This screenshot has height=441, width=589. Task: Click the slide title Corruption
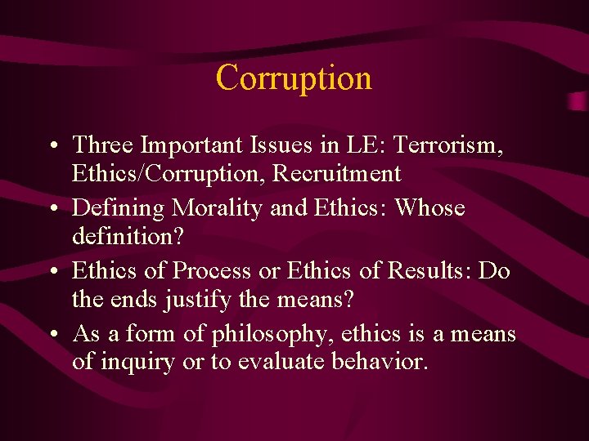tap(294, 78)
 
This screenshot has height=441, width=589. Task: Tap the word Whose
tap(430, 208)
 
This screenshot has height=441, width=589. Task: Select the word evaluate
tap(281, 363)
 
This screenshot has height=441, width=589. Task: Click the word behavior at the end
tap(380, 363)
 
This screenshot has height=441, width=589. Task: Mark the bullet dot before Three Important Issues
tap(52, 147)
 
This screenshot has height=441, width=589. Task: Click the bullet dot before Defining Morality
tap(52, 210)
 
